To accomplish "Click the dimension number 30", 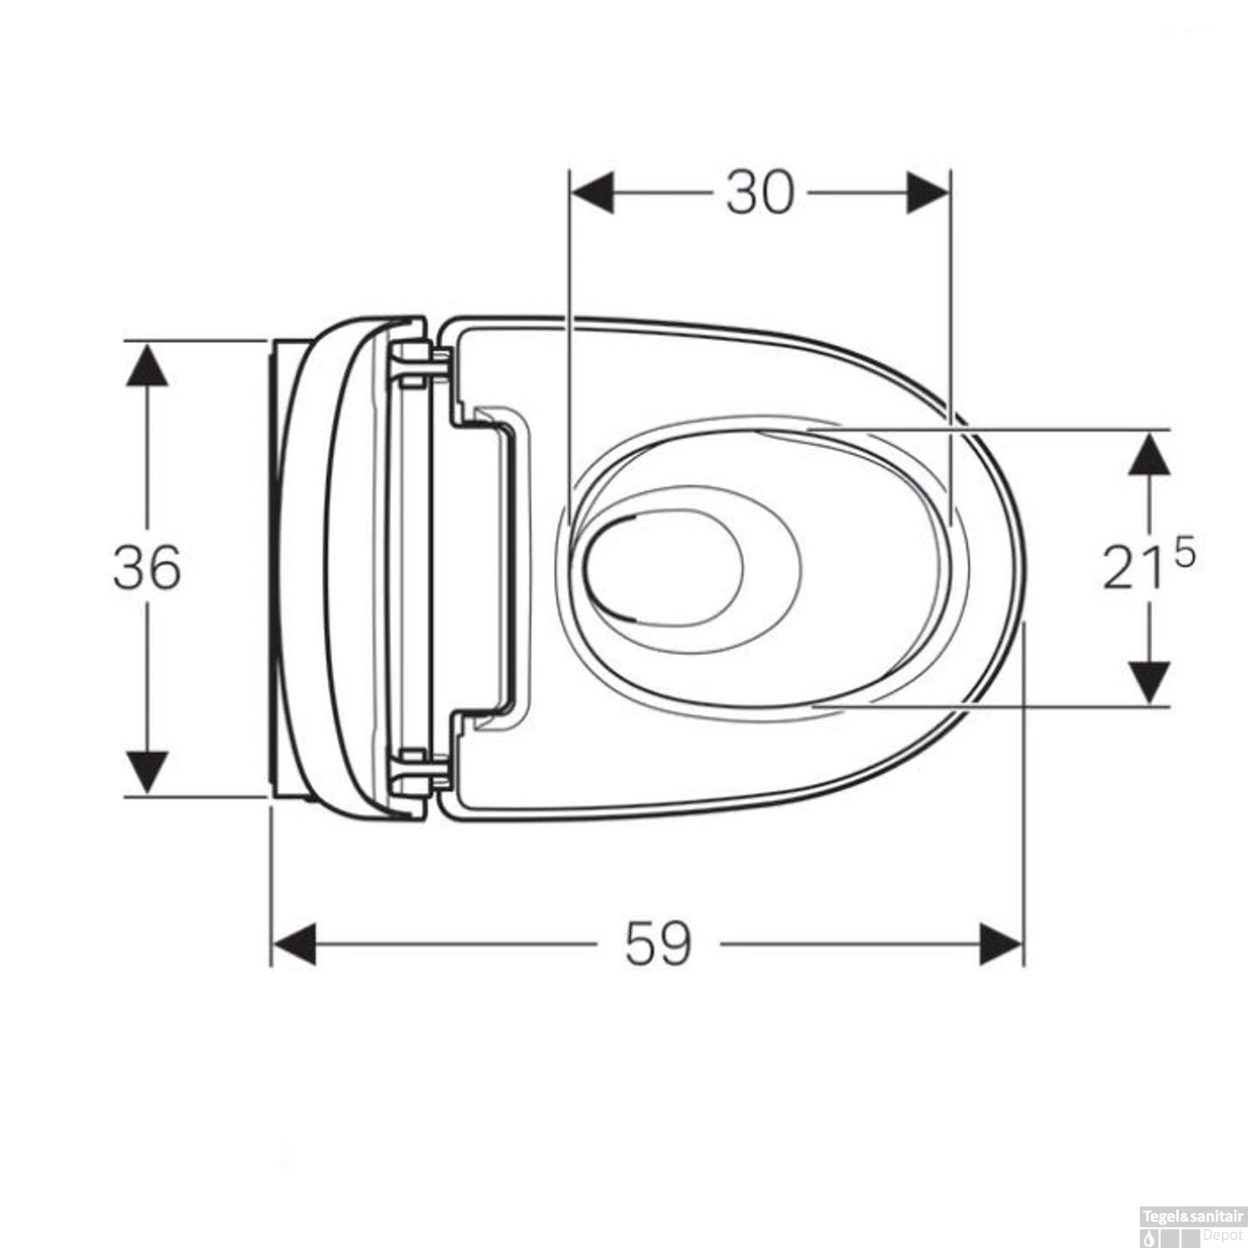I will tap(760, 193).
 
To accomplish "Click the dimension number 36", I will tap(147, 568).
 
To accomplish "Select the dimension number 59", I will tap(658, 944).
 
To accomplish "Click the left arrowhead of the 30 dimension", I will tap(592, 193).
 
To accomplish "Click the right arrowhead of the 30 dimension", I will tap(927, 193).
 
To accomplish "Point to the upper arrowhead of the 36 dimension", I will tap(147, 364).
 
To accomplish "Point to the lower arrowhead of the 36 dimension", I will tap(147, 771).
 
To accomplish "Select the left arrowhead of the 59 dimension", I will tap(295, 944).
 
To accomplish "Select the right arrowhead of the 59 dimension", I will tap(1001, 944).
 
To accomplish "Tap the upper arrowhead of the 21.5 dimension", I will tap(1149, 453).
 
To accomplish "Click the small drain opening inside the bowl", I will tap(663, 568).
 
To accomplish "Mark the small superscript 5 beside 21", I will tap(1184, 553).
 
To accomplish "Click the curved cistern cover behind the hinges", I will tap(329, 568).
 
